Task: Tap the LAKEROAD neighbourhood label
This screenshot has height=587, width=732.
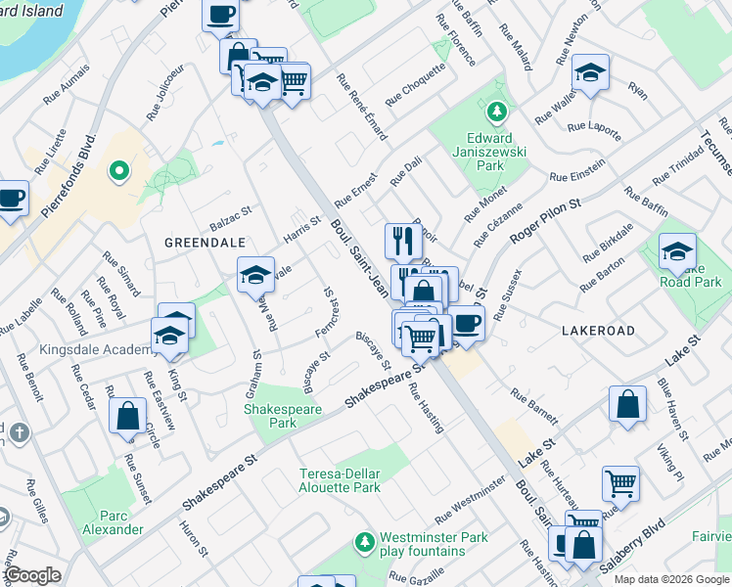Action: point(598,332)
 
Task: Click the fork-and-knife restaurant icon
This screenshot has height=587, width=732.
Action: point(403,240)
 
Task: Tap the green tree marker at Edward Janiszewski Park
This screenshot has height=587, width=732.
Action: point(497,112)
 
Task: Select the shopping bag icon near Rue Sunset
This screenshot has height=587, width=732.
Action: point(128,415)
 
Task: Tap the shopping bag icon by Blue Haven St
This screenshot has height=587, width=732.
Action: point(627,403)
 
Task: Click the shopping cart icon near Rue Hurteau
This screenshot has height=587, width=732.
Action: point(620,481)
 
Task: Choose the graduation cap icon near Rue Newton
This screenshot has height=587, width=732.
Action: point(590,72)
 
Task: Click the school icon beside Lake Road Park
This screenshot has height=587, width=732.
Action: point(677,251)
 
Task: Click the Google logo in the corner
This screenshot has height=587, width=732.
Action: point(31,575)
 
